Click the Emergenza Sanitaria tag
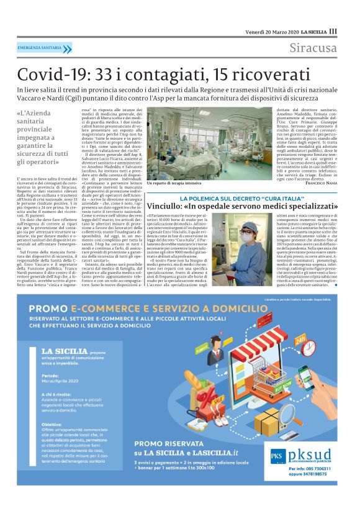pyautogui.click(x=43, y=48)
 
